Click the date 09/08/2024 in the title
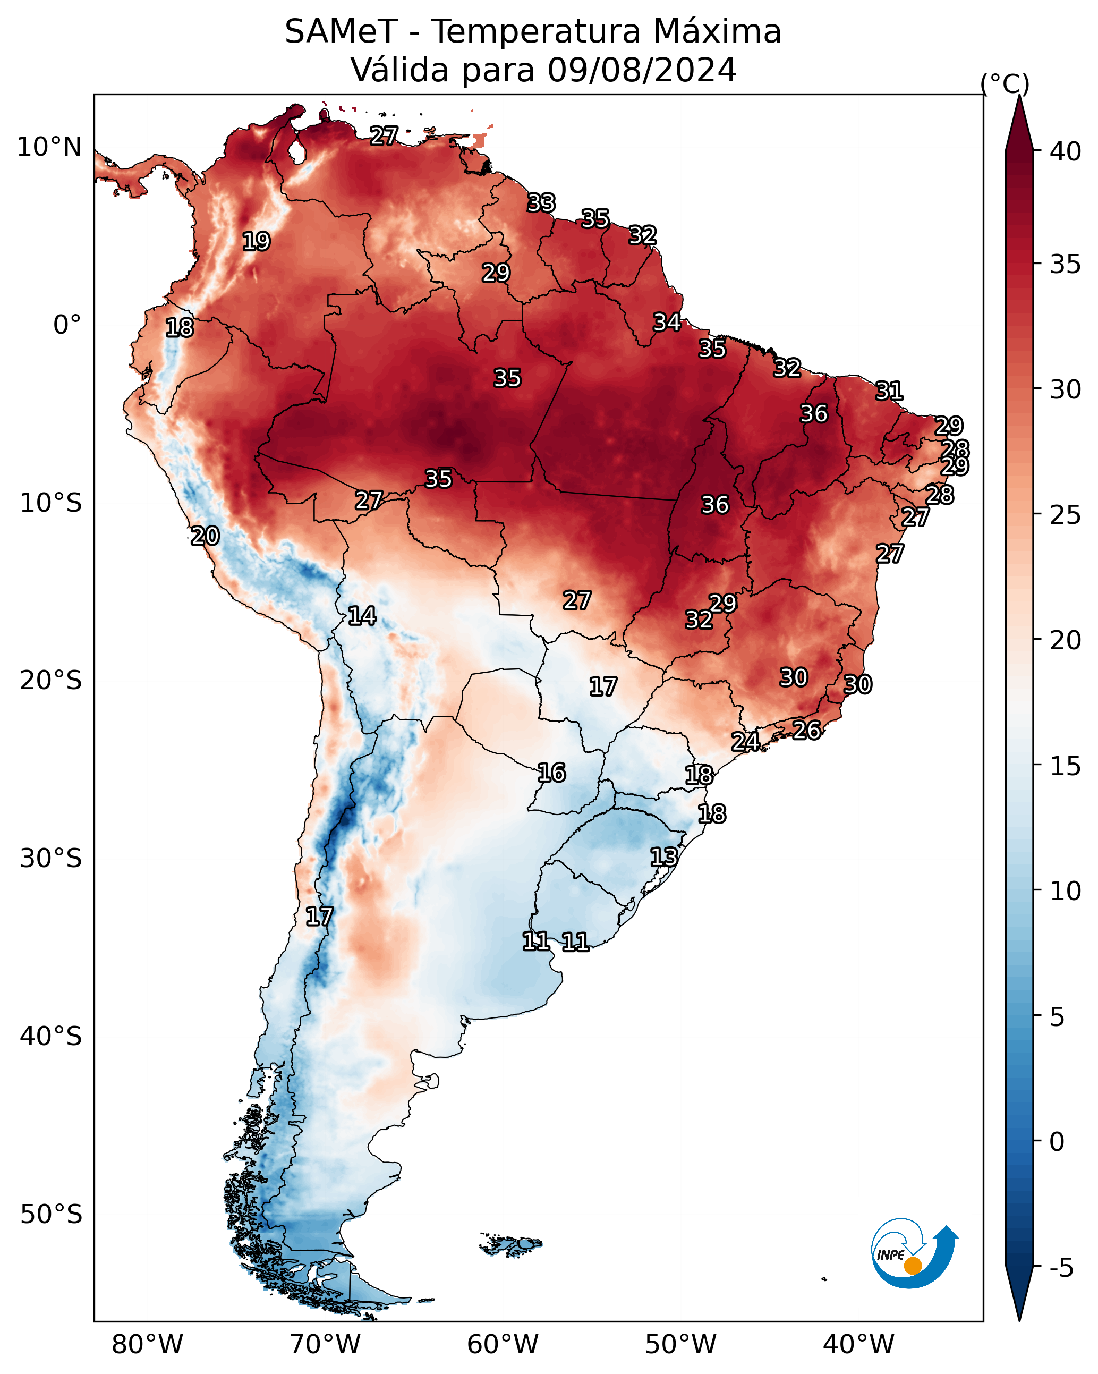pos(642,70)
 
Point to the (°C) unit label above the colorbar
pos(1005,83)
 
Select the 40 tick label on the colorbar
pos(1066,151)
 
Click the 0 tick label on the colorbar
pos(1057,1142)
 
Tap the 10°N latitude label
pos(49,147)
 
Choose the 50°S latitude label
pos(51,1215)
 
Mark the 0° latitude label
pos(67,325)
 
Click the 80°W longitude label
pos(147,1345)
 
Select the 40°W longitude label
pos(858,1345)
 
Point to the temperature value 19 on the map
pos(256,242)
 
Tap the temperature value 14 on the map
pos(362,616)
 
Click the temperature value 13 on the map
pos(663,856)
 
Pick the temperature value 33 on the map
pos(541,202)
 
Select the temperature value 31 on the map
pos(889,391)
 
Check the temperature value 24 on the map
pos(745,741)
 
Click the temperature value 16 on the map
pos(551,773)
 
